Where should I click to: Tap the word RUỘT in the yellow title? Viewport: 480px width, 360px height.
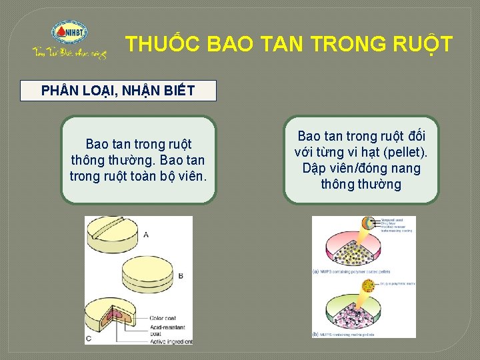pyautogui.click(x=419, y=44)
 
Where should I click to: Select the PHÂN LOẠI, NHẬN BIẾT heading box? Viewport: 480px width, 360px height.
pyautogui.click(x=119, y=91)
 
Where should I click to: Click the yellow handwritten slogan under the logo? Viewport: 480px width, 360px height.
pyautogui.click(x=69, y=53)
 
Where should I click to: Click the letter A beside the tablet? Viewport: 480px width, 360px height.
pyautogui.click(x=145, y=234)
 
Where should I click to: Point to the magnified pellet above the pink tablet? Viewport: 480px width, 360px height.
pyautogui.click(x=368, y=225)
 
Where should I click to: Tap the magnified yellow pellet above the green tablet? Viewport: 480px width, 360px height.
pyautogui.click(x=367, y=287)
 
